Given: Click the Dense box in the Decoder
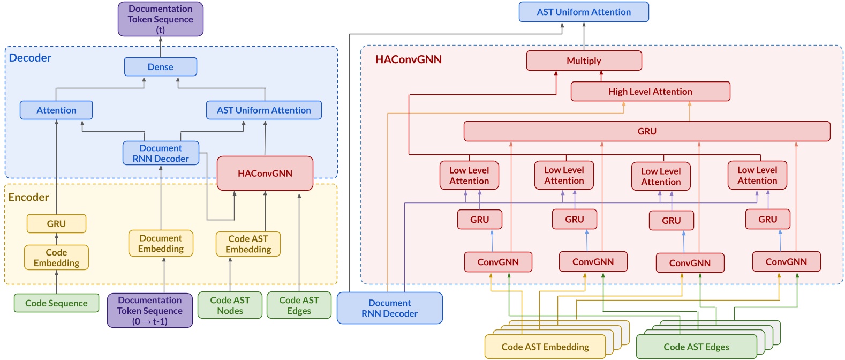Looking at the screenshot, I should coord(160,67).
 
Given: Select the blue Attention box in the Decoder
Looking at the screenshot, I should coord(56,110).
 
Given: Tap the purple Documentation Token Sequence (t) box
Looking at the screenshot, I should coord(160,19).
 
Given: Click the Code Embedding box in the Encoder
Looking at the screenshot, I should coord(56,258).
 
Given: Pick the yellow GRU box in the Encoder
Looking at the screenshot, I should coord(56,224).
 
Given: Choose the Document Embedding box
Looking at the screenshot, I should coord(161,244).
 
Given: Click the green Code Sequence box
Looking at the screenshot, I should coord(56,303).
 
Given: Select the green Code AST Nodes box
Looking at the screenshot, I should coord(230,305).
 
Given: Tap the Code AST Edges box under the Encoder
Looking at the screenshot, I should coord(299,305).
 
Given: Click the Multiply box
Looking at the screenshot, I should coord(584,61).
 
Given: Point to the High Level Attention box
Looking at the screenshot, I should coord(650,92).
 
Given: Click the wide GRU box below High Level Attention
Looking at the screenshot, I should coord(646,131).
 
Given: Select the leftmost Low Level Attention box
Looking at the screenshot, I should coord(469,176).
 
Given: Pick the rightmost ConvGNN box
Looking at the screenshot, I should coord(786,262).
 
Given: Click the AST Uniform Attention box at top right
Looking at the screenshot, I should coord(584,12).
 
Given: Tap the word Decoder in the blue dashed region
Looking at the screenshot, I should coord(30,58).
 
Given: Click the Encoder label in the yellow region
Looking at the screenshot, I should coord(28,197).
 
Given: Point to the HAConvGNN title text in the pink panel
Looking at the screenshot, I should coord(408,59).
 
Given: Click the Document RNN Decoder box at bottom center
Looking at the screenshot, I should coord(389,308).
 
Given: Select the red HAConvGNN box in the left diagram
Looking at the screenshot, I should coord(265,174).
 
